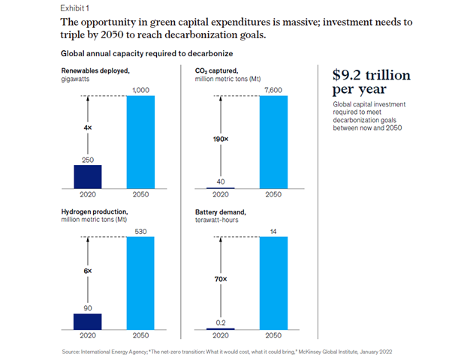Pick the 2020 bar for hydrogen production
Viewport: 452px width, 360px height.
(x=87, y=320)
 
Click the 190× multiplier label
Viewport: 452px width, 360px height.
(x=221, y=139)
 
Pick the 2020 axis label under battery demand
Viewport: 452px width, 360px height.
(x=220, y=336)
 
